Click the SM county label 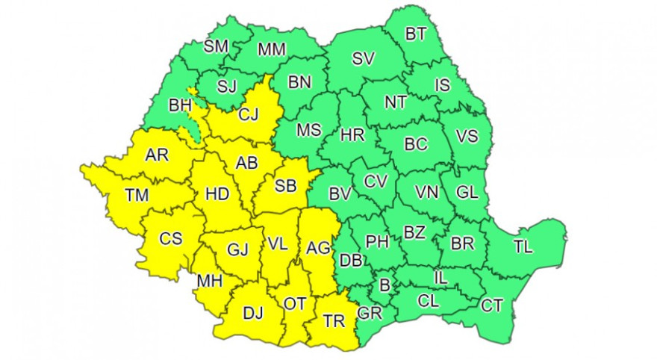[216, 46]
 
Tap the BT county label [415, 34]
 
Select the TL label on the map [523, 246]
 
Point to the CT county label [492, 305]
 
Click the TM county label [137, 196]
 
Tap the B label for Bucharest [385, 285]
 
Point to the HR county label [352, 135]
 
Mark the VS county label [467, 137]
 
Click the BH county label [181, 106]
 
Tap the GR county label [370, 314]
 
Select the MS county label [308, 131]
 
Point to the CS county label [171, 239]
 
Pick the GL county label [467, 192]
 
